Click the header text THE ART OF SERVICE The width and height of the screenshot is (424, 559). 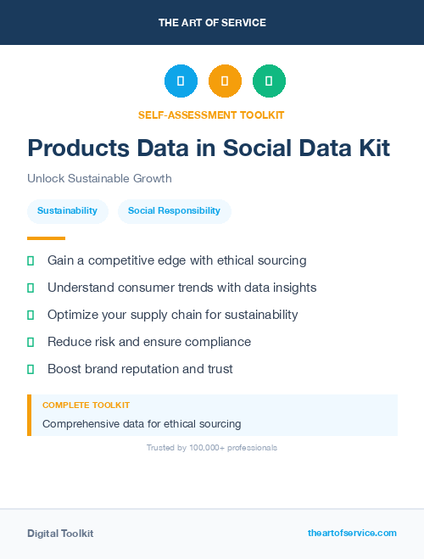click(212, 23)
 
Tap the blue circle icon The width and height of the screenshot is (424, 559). click(181, 81)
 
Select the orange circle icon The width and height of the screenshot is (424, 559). click(225, 81)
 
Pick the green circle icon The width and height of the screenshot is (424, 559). click(269, 81)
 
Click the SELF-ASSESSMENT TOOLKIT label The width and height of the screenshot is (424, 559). click(211, 115)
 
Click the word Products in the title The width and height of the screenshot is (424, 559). click(76, 148)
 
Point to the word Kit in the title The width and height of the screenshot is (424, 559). click(372, 148)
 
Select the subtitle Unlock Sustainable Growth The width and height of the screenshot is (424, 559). click(99, 179)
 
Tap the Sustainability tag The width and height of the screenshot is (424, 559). click(67, 210)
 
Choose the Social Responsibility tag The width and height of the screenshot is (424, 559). click(175, 210)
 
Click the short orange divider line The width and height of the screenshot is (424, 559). click(46, 238)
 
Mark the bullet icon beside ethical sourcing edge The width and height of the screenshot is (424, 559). click(31, 260)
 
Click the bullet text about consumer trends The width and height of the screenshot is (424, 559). click(181, 288)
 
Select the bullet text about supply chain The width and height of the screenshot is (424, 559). click(172, 315)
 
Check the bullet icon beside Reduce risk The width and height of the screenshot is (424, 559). click(31, 342)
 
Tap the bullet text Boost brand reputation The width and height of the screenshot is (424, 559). click(140, 369)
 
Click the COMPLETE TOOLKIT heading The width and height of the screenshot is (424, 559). click(86, 405)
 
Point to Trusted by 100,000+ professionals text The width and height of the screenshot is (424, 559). click(212, 447)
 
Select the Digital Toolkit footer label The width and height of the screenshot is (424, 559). click(60, 534)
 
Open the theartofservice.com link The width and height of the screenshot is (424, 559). click(352, 533)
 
